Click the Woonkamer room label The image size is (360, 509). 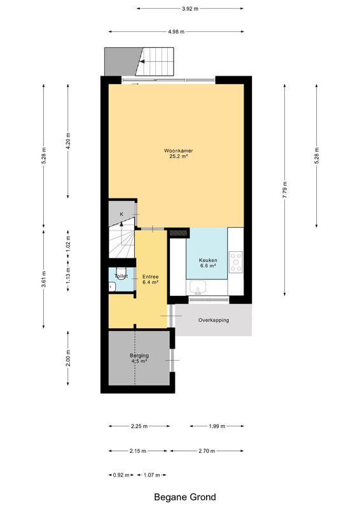pyautogui.click(x=178, y=151)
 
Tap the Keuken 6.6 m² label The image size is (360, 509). pyautogui.click(x=208, y=263)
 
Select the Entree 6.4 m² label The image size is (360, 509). pyautogui.click(x=150, y=279)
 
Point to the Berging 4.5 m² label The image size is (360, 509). pyautogui.click(x=139, y=358)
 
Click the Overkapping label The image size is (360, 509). pyautogui.click(x=214, y=320)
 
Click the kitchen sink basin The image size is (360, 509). pyautogui.click(x=198, y=288)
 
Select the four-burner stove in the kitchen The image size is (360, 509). pyautogui.click(x=236, y=262)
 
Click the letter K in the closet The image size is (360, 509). pyautogui.click(x=121, y=214)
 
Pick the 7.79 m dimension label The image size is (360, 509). pyautogui.click(x=285, y=190)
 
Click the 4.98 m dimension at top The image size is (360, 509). pyautogui.click(x=176, y=32)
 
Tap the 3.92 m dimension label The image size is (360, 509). pyautogui.click(x=190, y=9)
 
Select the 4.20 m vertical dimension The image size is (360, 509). pyautogui.click(x=68, y=141)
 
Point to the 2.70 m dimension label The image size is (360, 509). pyautogui.click(x=207, y=451)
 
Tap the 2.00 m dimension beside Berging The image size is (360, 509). pyautogui.click(x=68, y=358)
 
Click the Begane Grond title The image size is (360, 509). pyautogui.click(x=184, y=497)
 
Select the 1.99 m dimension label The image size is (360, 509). pyautogui.click(x=217, y=426)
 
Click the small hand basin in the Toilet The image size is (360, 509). pyautogui.click(x=112, y=287)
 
